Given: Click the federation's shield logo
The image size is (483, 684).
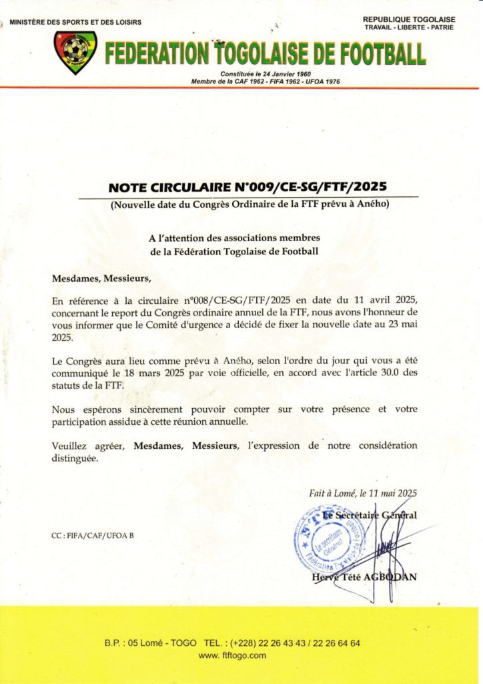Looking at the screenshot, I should [x=75, y=51].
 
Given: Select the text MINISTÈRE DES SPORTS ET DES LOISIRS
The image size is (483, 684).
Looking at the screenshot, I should [x=75, y=22].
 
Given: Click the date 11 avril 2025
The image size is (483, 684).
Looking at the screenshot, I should [x=386, y=300].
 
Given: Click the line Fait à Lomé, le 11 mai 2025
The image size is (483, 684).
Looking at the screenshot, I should [x=362, y=494].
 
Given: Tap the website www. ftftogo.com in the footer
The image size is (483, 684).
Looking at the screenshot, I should [x=232, y=655].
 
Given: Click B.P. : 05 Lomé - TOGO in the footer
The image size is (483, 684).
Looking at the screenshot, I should [x=150, y=643].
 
